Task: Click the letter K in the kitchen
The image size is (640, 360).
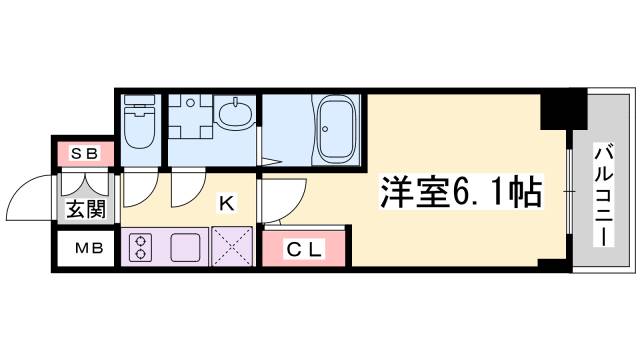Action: [227, 204]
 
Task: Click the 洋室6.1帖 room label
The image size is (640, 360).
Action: [459, 191]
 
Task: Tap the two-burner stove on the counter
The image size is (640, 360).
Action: [139, 245]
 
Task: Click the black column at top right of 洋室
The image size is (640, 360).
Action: [562, 110]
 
